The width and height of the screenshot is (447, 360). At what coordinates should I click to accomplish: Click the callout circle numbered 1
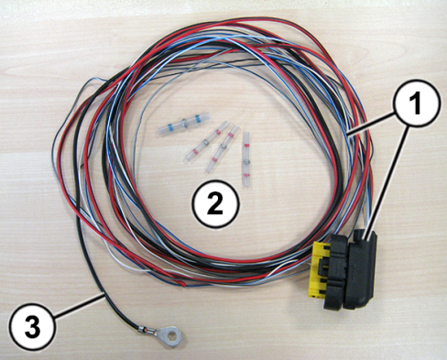tap(417, 103)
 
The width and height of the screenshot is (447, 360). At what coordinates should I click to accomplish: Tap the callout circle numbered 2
tap(215, 203)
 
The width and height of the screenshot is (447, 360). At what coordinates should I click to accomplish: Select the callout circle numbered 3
tap(32, 326)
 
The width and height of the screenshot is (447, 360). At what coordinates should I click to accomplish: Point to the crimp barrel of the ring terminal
tap(146, 330)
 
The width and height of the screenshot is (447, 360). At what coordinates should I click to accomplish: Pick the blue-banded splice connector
tap(184, 123)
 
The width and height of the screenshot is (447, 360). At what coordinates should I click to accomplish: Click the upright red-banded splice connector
tap(246, 159)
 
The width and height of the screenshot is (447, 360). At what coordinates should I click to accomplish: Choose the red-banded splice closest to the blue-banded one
tap(207, 141)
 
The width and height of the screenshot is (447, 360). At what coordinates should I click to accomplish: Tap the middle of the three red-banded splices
tap(222, 148)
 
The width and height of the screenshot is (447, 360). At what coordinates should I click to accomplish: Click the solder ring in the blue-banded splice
tap(184, 123)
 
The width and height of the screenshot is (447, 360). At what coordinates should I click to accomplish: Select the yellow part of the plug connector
tap(319, 268)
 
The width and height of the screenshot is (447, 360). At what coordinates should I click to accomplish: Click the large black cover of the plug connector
tap(361, 269)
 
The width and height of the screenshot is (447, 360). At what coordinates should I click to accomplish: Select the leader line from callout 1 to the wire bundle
tap(372, 123)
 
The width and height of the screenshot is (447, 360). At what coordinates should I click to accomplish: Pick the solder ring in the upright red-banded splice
tap(246, 161)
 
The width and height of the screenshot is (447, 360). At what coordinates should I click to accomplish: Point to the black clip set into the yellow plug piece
tap(323, 267)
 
